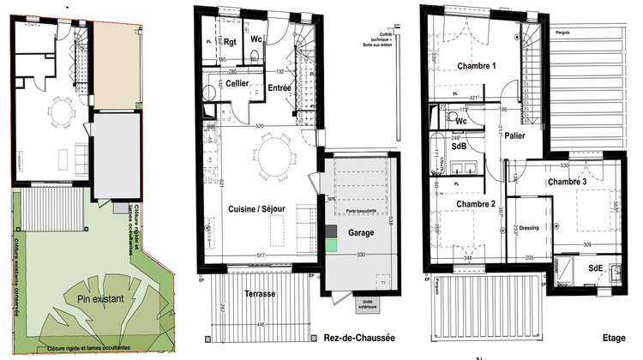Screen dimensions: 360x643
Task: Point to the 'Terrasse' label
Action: [258, 293]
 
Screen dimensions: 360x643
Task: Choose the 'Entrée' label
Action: [279, 87]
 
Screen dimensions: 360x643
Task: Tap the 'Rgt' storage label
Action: [231, 41]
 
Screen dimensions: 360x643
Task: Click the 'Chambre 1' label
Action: [477, 66]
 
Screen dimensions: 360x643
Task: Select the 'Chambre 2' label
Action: [476, 204]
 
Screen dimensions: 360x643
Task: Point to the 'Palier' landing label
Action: [515, 135]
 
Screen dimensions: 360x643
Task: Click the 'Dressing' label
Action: [529, 227]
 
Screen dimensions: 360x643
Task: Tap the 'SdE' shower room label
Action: [594, 268]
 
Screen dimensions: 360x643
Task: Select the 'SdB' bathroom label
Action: [459, 146]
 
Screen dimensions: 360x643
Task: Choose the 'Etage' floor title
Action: [612, 336]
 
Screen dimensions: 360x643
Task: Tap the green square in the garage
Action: [331, 246]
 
